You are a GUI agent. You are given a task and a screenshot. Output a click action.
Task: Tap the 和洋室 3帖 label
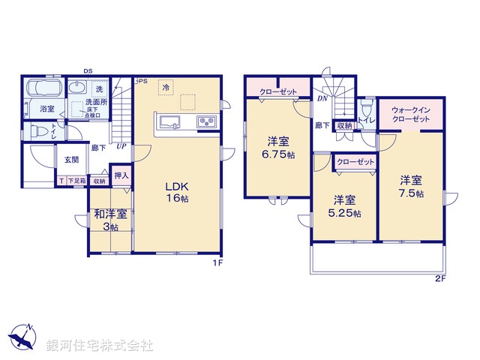110,219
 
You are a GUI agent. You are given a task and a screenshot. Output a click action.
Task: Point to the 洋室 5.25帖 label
345,205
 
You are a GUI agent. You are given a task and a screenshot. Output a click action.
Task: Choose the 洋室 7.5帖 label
410,187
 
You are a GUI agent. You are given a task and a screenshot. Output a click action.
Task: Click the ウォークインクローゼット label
410,115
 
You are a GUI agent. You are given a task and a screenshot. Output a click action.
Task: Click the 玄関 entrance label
71,159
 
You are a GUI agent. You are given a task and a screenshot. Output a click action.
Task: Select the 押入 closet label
121,176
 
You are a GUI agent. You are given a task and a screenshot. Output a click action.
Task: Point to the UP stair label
120,146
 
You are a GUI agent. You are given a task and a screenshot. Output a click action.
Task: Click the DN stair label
322,98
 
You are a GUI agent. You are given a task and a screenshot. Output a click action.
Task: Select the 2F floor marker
439,280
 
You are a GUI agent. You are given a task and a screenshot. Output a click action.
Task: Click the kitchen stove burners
206,122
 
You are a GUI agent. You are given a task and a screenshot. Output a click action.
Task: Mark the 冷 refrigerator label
164,87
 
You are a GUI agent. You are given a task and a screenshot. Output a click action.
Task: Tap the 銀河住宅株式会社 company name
98,346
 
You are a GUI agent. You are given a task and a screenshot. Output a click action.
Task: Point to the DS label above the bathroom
88,73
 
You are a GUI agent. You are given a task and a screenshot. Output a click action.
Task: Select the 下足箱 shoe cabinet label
77,181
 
